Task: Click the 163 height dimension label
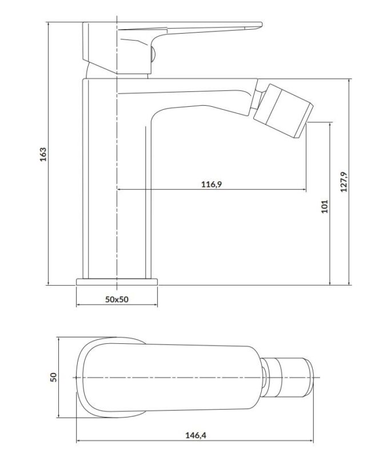point(43,154)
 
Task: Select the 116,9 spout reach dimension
point(212,184)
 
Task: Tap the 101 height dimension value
point(325,206)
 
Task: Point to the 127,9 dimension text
point(344,182)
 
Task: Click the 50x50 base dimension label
point(117,299)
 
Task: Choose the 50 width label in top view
point(54,377)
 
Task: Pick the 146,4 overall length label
point(196,435)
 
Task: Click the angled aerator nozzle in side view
point(283,111)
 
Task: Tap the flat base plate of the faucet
point(117,282)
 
